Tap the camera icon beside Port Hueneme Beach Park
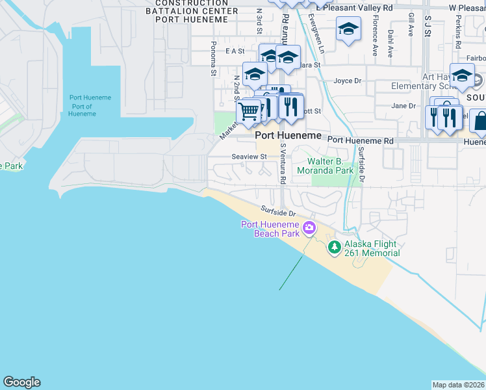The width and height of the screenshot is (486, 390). pos(309,227)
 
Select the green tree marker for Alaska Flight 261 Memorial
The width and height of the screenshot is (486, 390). pos(334,246)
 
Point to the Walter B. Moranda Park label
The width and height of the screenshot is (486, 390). pos(324,166)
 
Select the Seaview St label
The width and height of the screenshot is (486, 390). pos(249,157)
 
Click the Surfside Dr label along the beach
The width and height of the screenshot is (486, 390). pos(279,211)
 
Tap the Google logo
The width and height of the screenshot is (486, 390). pos(21,382)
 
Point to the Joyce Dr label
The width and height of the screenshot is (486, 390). pos(347,81)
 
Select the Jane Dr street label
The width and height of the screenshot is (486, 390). pos(403,106)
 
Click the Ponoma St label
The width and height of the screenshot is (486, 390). pos(213,59)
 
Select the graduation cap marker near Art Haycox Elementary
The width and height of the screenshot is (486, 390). pos(462,75)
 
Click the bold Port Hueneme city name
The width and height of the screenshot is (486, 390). pos(288,135)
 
